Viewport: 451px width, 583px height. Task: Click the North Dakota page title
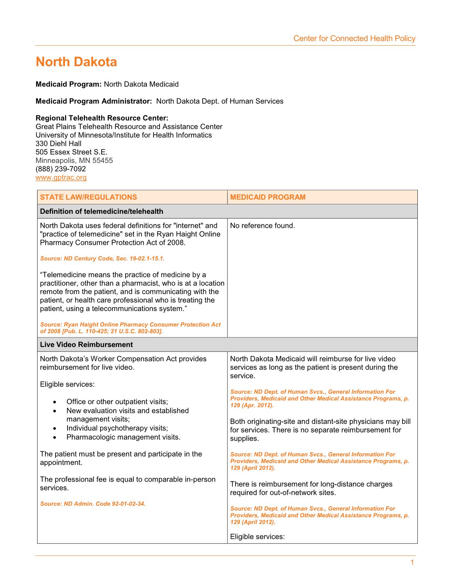(76, 62)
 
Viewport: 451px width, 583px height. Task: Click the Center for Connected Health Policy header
(354, 39)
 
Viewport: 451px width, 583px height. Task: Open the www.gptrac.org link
(61, 177)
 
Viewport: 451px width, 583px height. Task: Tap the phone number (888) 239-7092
(61, 169)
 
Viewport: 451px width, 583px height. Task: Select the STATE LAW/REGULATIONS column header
(88, 197)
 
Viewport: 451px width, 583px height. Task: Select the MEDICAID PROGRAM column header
(268, 197)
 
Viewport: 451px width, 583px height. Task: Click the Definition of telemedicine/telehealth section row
(102, 211)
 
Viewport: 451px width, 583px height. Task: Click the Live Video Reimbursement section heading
(86, 344)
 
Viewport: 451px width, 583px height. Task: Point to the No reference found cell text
(262, 225)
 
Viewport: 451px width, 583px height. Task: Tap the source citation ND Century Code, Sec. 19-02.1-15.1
(102, 259)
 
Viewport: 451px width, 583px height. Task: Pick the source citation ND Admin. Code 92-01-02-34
(93, 503)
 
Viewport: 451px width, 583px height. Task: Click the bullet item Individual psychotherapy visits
(117, 428)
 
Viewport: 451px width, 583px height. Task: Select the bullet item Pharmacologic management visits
(123, 437)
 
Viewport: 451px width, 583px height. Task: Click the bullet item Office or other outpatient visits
(117, 402)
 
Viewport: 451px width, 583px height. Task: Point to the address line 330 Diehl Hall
(58, 143)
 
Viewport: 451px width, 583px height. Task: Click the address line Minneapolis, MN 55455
(74, 160)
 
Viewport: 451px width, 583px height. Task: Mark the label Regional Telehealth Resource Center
(102, 118)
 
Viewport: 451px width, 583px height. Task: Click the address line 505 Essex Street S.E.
(71, 152)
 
